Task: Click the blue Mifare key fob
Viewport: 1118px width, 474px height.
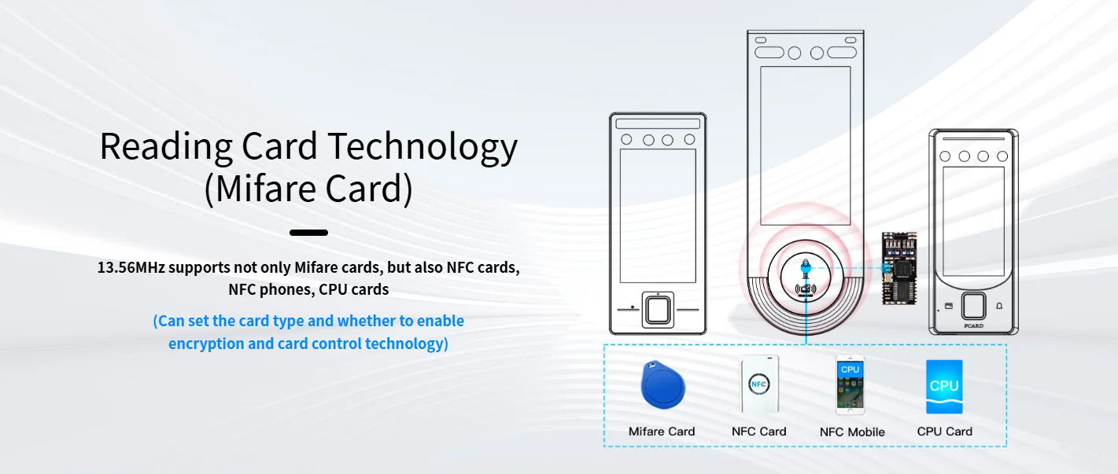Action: click(x=662, y=385)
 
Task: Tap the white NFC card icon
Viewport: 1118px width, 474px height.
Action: click(x=759, y=384)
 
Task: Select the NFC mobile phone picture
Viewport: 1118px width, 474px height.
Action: click(x=850, y=384)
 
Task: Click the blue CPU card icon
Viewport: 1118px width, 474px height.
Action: click(x=944, y=386)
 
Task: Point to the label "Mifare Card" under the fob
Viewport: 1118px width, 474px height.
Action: click(x=662, y=431)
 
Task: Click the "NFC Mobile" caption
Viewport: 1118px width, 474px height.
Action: click(x=852, y=432)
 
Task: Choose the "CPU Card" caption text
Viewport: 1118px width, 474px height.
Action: click(x=944, y=431)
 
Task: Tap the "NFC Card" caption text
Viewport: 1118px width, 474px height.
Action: click(x=758, y=431)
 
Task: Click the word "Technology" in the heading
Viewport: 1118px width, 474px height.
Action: click(x=422, y=146)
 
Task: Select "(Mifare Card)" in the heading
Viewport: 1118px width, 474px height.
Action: click(x=308, y=189)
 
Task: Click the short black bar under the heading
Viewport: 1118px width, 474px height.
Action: click(x=308, y=233)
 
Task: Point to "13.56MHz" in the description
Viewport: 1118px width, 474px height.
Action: click(x=131, y=267)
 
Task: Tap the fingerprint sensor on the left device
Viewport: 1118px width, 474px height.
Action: click(x=658, y=309)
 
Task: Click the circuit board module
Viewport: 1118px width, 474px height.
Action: click(x=898, y=268)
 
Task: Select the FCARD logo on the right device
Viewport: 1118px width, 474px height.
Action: click(x=973, y=324)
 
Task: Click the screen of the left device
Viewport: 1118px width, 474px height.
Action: click(x=657, y=215)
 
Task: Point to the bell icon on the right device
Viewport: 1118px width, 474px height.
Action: click(x=999, y=305)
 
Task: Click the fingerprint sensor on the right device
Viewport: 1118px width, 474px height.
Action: click(x=973, y=305)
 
